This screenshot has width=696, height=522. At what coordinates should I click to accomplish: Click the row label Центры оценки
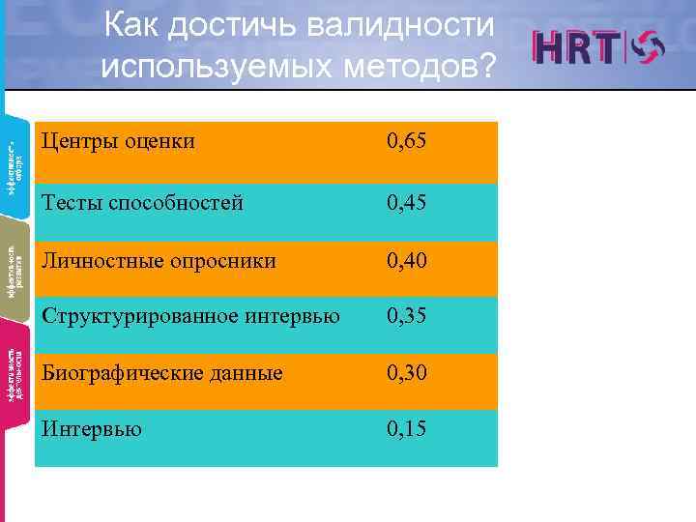[118, 142]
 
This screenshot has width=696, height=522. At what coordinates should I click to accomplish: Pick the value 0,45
[407, 203]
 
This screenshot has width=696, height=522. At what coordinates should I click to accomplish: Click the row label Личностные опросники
[159, 260]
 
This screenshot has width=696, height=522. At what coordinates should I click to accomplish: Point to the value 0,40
[407, 260]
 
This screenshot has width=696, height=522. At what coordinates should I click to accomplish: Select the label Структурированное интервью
[190, 315]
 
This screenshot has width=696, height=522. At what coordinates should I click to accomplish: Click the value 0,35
[407, 315]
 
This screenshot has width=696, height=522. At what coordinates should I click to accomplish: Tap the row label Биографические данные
[162, 372]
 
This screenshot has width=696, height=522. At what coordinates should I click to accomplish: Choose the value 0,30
[407, 372]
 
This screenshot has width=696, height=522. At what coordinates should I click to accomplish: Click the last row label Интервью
[92, 428]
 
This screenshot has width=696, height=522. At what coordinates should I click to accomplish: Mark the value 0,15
[407, 428]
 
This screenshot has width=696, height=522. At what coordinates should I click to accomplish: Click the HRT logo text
[579, 49]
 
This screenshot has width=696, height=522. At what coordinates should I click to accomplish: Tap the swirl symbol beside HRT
[648, 49]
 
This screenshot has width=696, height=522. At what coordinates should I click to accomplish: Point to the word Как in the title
[132, 27]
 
